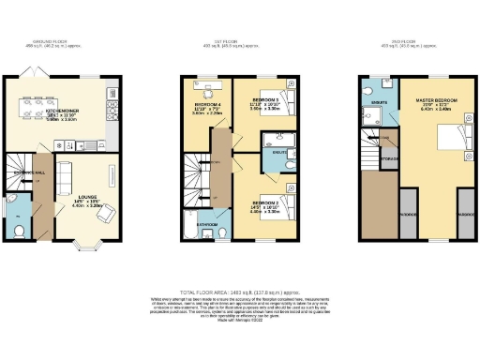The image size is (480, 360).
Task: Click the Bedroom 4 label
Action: click(x=207, y=105)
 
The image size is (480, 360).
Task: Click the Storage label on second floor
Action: click(x=391, y=159)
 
